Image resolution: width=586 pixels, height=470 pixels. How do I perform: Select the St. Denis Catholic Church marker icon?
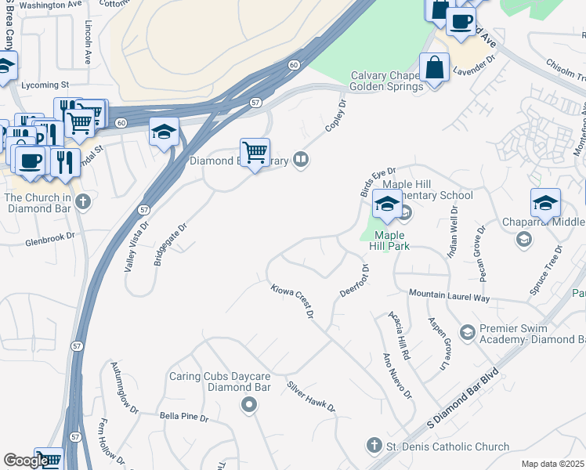coord(374,446)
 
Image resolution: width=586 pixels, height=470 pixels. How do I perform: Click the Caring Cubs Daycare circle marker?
coord(249,405)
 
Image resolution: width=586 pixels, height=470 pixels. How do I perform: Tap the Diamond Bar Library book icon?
coord(301,161)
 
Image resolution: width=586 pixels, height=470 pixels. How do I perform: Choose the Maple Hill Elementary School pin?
coord(387,203)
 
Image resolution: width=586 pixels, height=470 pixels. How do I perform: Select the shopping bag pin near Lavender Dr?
coord(434,67)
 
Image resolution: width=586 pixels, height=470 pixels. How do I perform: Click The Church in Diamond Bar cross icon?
coord(83,202)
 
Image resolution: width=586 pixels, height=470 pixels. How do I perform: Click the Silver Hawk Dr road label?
coord(310,396)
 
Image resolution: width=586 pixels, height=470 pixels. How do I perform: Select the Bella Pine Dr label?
coord(184,417)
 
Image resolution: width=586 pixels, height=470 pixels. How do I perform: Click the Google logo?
coord(25,461)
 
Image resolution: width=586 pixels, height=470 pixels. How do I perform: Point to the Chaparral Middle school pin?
coord(545,203)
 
